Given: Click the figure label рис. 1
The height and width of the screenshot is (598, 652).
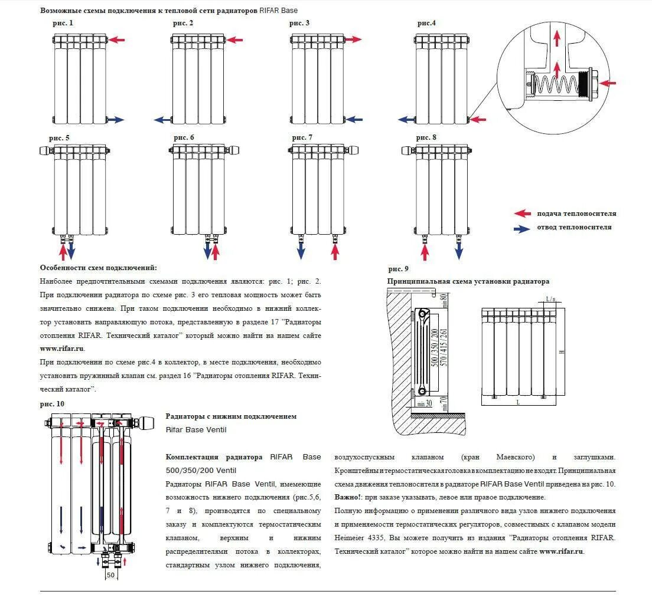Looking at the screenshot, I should [63, 24].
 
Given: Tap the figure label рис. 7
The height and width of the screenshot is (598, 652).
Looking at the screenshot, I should [302, 137].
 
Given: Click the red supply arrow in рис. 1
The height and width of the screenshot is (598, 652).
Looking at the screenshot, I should [117, 40].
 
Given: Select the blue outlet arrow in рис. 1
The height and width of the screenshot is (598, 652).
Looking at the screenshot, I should [116, 120].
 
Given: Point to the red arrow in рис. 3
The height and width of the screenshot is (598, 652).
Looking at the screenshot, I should [353, 40].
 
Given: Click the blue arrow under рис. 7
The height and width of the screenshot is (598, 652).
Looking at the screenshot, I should [301, 251].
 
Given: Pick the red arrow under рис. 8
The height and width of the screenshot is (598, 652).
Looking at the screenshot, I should [424, 252].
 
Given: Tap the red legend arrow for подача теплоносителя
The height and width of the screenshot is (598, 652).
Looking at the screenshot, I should [522, 214].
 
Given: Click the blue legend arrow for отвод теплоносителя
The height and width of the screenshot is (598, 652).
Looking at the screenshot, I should [522, 228].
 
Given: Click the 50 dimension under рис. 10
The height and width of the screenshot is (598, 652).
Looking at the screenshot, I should [110, 574].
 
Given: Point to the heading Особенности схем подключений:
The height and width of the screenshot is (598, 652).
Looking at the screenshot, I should [99, 268].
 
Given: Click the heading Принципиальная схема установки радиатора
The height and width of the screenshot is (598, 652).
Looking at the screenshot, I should [468, 281].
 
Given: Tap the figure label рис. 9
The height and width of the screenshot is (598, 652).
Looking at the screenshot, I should [398, 270].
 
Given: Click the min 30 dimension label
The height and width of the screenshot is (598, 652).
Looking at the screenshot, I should [424, 404].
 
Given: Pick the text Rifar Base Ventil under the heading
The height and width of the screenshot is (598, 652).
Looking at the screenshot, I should [195, 429].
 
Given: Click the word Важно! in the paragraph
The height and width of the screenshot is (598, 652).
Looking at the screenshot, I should [347, 497].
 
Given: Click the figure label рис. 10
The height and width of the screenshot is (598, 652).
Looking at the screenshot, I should [52, 403].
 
